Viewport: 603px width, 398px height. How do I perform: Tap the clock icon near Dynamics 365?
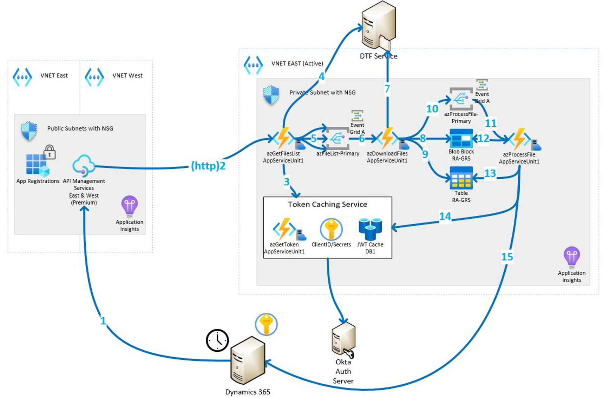(217, 340)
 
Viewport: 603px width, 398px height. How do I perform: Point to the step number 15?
(507, 257)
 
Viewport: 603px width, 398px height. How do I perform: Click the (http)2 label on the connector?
(208, 166)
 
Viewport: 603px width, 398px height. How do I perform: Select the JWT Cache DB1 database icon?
(370, 229)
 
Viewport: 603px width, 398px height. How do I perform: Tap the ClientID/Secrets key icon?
(331, 229)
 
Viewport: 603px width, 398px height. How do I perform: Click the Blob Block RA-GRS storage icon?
(461, 139)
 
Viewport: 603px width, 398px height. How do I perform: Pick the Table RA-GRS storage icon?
(461, 178)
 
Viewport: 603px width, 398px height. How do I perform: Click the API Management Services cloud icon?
(84, 165)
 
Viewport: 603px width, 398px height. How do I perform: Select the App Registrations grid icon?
(37, 164)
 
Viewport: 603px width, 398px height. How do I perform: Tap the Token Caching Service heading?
(327, 204)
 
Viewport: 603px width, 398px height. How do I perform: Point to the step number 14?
(445, 216)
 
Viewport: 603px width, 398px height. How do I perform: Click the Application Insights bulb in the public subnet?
(129, 206)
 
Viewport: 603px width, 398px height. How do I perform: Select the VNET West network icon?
(94, 77)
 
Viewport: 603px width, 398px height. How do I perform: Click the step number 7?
(387, 88)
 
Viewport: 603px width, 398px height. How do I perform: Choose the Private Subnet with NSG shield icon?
(271, 95)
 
